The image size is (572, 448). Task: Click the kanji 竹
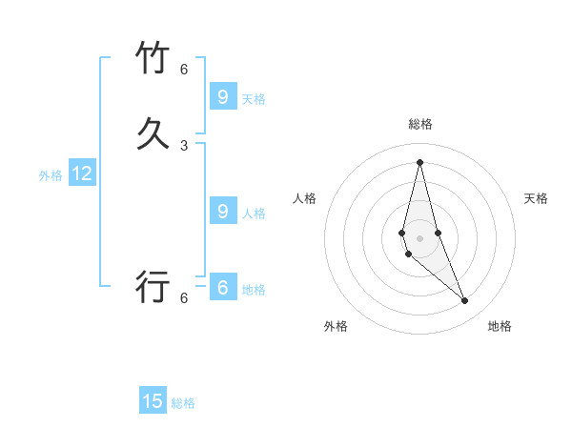tap(153, 58)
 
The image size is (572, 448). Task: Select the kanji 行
tap(153, 287)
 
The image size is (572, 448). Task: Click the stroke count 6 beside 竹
tap(184, 70)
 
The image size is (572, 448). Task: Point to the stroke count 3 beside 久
tap(184, 146)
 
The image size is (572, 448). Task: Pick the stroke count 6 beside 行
tap(184, 298)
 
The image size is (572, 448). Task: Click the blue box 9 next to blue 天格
tap(222, 96)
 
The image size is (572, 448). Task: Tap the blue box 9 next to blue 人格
tap(222, 211)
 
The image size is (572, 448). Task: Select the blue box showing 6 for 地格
tap(222, 287)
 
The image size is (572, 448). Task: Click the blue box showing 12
tap(82, 173)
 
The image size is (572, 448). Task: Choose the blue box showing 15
tap(153, 401)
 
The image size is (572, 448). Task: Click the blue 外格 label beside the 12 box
tap(51, 175)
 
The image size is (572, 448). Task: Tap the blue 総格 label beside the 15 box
tap(183, 403)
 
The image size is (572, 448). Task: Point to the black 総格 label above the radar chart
tap(420, 124)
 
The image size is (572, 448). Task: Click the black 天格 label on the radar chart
tap(537, 198)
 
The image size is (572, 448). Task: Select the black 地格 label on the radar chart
tap(500, 326)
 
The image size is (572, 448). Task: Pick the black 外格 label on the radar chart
tap(336, 326)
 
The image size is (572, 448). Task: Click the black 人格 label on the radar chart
tap(304, 198)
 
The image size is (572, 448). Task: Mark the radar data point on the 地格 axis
tap(465, 301)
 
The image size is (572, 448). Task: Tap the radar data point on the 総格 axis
tap(419, 161)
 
